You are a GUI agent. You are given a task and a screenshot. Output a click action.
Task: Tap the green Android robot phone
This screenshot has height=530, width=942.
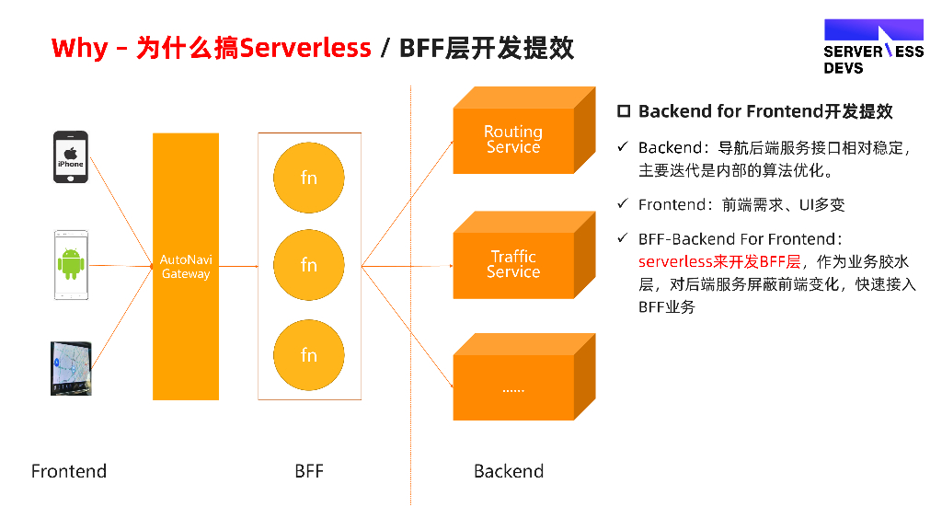coord(71,265)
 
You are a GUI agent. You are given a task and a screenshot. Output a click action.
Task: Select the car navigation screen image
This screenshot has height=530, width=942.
coord(71,368)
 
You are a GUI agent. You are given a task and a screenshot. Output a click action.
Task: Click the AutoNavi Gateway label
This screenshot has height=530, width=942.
coord(186,267)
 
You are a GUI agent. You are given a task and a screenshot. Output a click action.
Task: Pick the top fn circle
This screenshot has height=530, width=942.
coord(309,178)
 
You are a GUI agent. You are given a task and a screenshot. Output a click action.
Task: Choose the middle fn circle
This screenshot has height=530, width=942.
coord(309,265)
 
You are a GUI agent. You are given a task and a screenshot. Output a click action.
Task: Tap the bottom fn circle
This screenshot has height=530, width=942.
coord(309,355)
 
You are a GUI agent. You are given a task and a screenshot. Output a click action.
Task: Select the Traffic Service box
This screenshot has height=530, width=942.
coord(513,265)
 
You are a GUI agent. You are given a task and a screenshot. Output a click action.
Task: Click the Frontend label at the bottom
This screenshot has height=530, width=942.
coord(69,471)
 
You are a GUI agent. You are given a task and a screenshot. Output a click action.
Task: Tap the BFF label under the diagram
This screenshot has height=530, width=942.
coord(309,471)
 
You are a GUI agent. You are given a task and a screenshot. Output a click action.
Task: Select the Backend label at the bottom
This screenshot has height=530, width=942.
coord(509,471)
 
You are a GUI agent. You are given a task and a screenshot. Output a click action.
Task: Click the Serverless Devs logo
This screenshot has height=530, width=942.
coord(873,47)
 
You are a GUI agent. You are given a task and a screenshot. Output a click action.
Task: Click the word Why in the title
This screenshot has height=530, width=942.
coord(79,48)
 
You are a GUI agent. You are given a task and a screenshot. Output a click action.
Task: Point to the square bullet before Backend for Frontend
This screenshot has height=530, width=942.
coord(623,111)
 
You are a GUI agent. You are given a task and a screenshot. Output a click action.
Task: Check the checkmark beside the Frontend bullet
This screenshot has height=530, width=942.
coord(622,204)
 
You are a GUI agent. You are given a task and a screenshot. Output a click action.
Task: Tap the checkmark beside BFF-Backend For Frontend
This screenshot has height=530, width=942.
coord(622,238)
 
